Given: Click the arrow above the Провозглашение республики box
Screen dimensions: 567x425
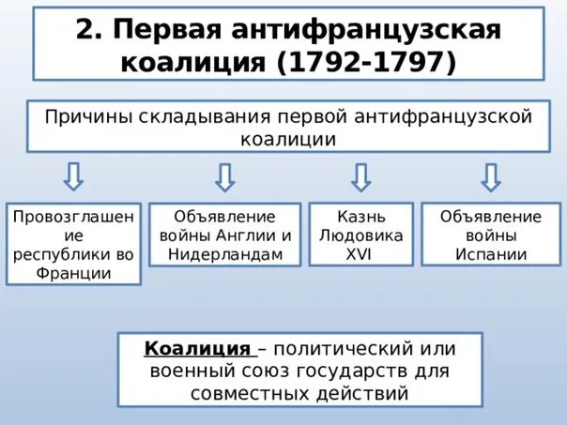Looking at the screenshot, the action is point(74,176).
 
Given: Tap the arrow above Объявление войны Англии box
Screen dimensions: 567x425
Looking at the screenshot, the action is point(224,176).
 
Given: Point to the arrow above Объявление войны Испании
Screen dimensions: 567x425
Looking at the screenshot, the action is point(490,176).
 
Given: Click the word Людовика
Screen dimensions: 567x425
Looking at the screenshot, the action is point(361,235).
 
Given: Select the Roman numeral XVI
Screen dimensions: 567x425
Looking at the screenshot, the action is point(361,254).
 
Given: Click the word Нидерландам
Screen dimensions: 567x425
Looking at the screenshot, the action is point(225,254).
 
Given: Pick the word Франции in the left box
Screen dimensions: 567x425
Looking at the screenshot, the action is point(74,273).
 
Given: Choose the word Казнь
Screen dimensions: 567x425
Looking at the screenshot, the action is point(361,217).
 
